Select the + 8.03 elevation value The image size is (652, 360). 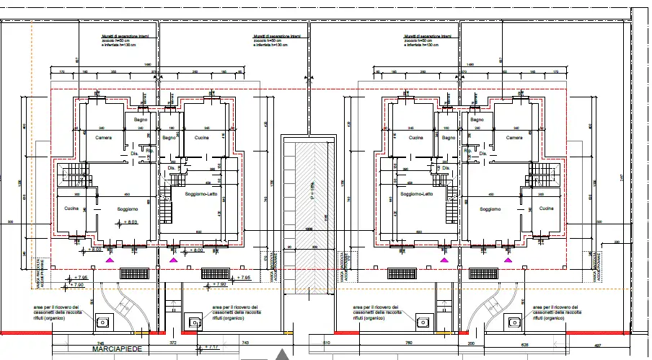(130, 222)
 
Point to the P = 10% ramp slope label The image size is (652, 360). (312, 193)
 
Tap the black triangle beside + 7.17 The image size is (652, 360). (283, 354)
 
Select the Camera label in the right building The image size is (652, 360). (514, 138)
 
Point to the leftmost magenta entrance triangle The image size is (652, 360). (110, 258)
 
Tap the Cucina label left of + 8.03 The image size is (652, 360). (71, 208)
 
